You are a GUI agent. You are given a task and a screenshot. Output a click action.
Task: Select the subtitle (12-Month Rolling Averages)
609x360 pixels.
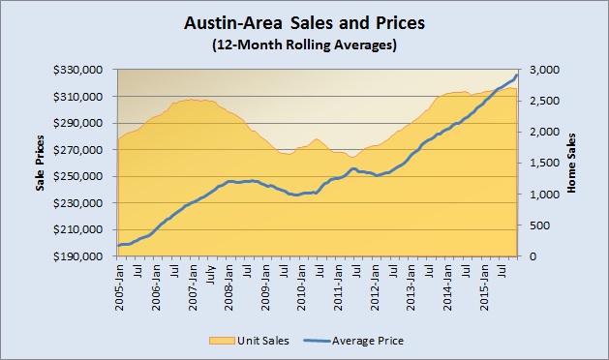(x=303, y=46)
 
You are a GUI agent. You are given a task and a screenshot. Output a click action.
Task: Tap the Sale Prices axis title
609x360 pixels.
(x=42, y=164)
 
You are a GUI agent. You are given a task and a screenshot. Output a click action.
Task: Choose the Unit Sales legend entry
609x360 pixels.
(x=253, y=340)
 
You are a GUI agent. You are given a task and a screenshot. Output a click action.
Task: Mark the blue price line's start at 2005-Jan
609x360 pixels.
(x=118, y=246)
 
